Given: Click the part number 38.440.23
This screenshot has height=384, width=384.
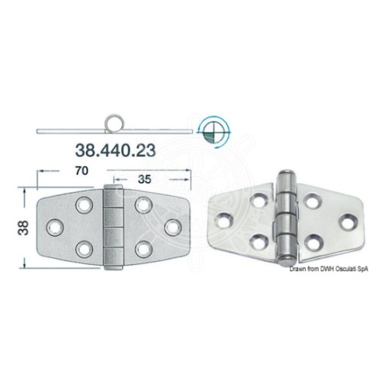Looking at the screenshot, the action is pyautogui.click(x=115, y=150).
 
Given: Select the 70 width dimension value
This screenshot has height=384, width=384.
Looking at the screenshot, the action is pyautogui.click(x=81, y=170).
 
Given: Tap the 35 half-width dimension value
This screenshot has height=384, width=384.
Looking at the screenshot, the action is pyautogui.click(x=144, y=180).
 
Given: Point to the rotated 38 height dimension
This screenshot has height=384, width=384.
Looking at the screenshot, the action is pyautogui.click(x=23, y=228).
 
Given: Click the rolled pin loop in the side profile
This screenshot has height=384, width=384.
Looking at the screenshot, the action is pyautogui.click(x=114, y=124).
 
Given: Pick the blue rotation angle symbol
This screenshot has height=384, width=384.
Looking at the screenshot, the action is pyautogui.click(x=214, y=132).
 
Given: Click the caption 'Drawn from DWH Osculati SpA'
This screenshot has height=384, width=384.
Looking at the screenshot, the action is pyautogui.click(x=329, y=269).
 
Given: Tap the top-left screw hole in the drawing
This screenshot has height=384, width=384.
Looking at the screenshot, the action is pyautogui.click(x=84, y=205).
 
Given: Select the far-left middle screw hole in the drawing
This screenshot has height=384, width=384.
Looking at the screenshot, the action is pyautogui.click(x=55, y=227).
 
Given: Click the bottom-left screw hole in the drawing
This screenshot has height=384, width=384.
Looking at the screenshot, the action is pyautogui.click(x=84, y=250).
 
